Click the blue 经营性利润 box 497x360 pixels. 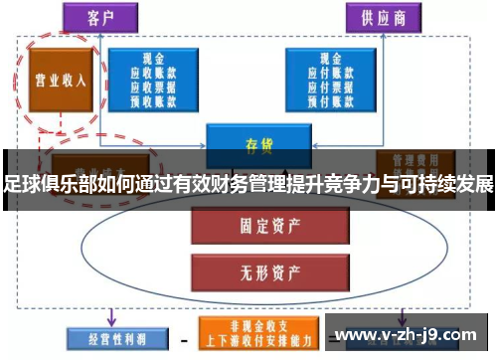(x=108, y=338)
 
